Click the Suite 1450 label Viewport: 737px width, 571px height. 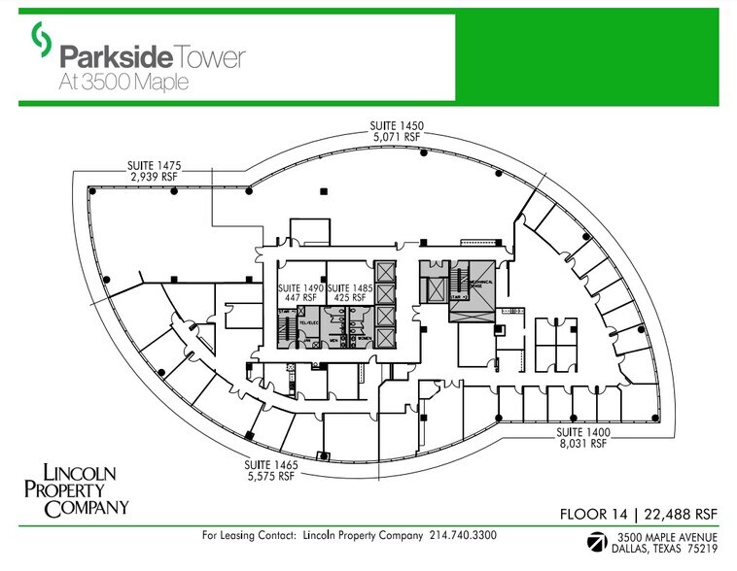pyautogui.click(x=396, y=125)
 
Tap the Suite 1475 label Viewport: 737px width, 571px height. pyautogui.click(x=152, y=165)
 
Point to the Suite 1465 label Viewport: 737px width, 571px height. pyautogui.click(x=271, y=466)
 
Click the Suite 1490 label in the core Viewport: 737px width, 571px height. pyautogui.click(x=300, y=288)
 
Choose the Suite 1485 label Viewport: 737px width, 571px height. pyautogui.click(x=349, y=288)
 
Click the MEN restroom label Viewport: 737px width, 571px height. pyautogui.click(x=331, y=341)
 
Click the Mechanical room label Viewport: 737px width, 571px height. pyautogui.click(x=483, y=284)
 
